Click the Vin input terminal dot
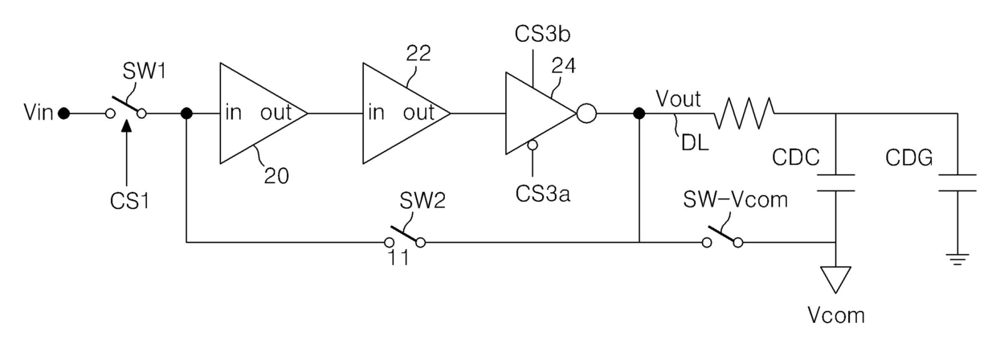tap(64, 113)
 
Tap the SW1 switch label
tap(144, 72)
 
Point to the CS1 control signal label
tap(130, 201)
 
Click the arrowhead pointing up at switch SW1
tap(127, 126)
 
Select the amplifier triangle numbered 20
tap(263, 113)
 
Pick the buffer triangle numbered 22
tap(406, 113)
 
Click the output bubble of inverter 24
tap(586, 113)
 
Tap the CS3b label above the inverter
tap(542, 35)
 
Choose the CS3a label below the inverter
tap(543, 194)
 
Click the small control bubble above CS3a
tap(533, 145)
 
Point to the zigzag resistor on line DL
tap(744, 113)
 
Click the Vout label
tap(678, 99)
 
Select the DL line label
tap(695, 142)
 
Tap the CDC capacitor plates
tap(836, 183)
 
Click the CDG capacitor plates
tap(957, 183)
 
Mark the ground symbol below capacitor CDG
tap(957, 260)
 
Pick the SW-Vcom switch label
tap(736, 199)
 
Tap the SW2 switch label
tap(422, 201)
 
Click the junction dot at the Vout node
tap(639, 113)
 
